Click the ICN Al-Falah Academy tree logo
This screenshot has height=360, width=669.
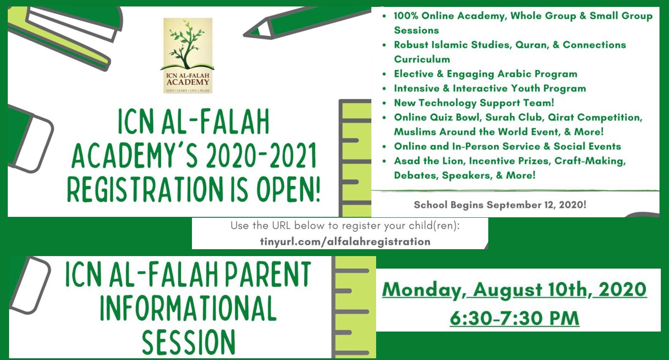click(x=188, y=56)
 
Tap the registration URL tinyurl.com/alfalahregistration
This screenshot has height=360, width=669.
click(x=345, y=241)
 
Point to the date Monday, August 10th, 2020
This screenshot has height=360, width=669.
click(x=514, y=290)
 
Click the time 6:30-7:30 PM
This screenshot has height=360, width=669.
click(x=514, y=318)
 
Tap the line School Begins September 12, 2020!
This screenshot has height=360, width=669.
click(x=500, y=205)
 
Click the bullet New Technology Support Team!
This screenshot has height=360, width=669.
click(x=474, y=103)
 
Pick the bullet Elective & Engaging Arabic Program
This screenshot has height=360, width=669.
click(x=486, y=74)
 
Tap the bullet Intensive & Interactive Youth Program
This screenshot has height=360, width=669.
click(x=490, y=88)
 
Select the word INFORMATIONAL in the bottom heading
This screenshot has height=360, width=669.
click(x=188, y=308)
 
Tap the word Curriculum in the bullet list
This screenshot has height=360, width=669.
click(x=422, y=59)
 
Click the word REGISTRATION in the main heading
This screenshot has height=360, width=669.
click(x=145, y=189)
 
